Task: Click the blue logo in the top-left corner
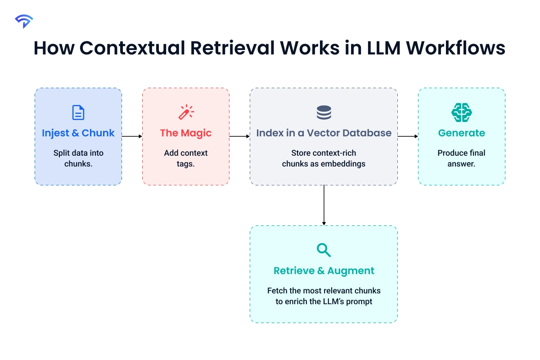click(x=23, y=21)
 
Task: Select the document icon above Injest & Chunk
click(x=78, y=112)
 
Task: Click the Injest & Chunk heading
click(x=78, y=133)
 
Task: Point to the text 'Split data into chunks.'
click(x=78, y=158)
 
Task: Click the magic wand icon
click(x=186, y=112)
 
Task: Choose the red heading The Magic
click(x=186, y=133)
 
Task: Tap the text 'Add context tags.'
click(x=186, y=158)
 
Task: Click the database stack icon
click(x=324, y=112)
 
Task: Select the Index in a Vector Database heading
click(x=324, y=133)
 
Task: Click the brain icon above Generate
click(x=461, y=112)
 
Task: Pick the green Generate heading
click(x=461, y=133)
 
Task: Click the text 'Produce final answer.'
click(x=461, y=158)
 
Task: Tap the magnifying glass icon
click(x=324, y=250)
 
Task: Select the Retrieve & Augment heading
click(x=324, y=271)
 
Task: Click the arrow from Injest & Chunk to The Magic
click(x=132, y=136)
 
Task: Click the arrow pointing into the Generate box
click(x=408, y=136)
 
